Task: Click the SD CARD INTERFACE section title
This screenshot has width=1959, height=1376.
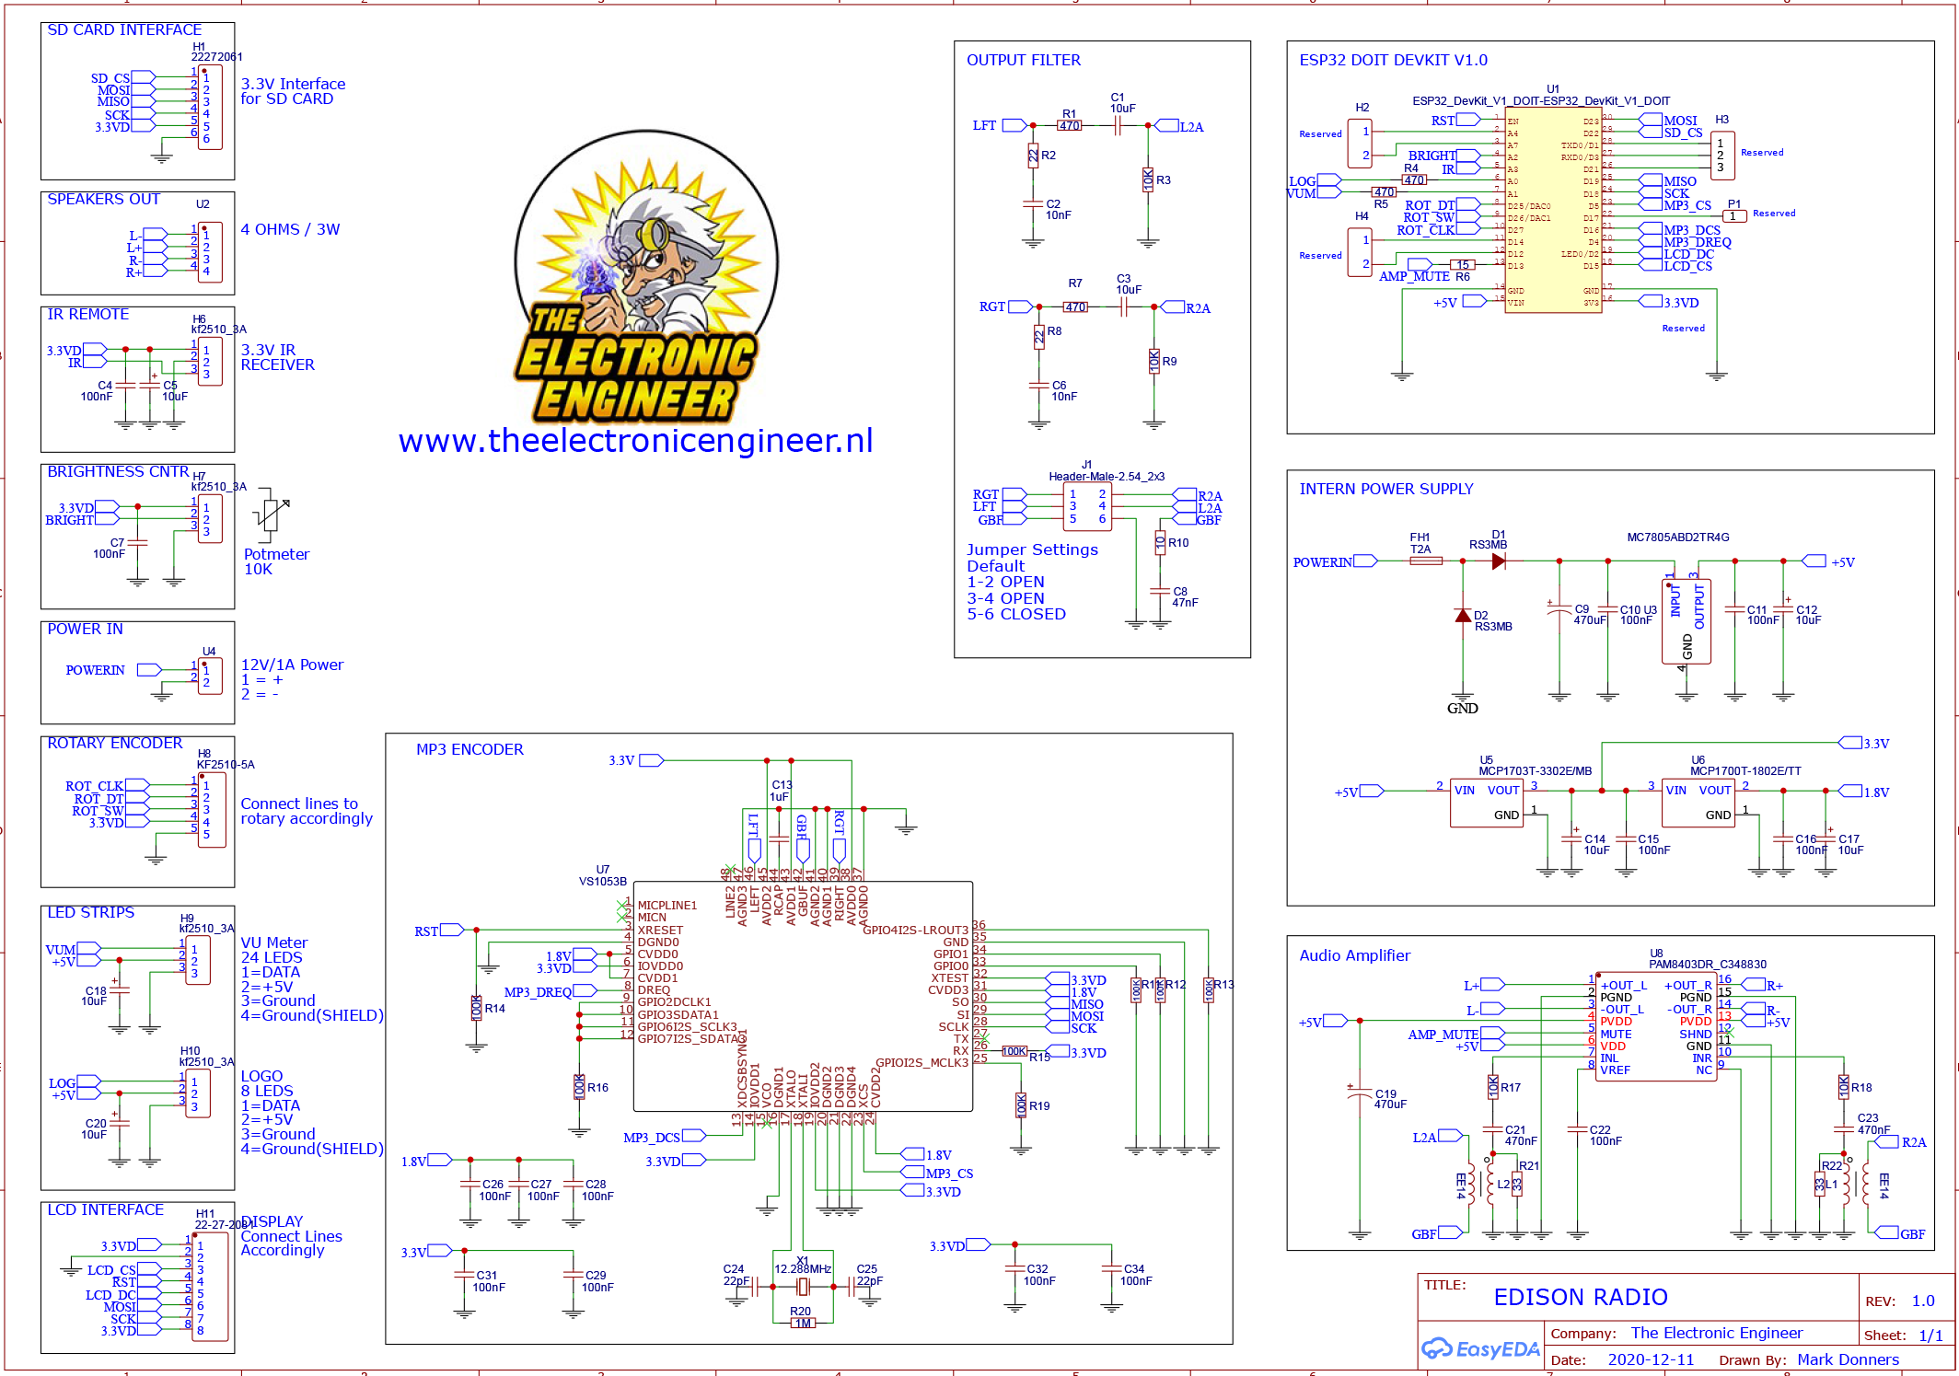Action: (124, 30)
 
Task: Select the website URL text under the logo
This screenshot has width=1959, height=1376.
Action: (635, 441)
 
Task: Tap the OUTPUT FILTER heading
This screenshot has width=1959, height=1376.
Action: (1023, 61)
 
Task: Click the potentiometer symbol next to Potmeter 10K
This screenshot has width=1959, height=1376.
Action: (270, 513)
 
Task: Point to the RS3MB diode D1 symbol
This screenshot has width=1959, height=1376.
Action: (1498, 561)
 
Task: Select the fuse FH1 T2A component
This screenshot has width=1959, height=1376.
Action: (1425, 561)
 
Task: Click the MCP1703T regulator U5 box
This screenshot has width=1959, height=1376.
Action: (1486, 803)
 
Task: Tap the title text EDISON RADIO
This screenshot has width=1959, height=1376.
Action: (1580, 1298)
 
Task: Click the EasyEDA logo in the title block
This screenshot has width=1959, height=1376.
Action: (1479, 1349)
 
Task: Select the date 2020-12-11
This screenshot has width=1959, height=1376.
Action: (1651, 1359)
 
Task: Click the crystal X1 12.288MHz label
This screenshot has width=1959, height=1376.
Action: (803, 1268)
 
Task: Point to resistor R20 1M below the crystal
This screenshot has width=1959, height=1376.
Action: (803, 1323)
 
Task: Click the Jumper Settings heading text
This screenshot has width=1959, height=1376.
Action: (1032, 549)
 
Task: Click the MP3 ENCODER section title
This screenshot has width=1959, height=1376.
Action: (469, 750)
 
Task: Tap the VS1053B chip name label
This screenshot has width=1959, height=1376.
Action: (602, 881)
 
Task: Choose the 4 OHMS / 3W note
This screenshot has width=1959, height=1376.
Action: (290, 230)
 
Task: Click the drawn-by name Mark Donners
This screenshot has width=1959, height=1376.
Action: (1847, 1359)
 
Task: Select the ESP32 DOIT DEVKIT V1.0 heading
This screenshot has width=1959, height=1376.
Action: (1393, 61)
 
